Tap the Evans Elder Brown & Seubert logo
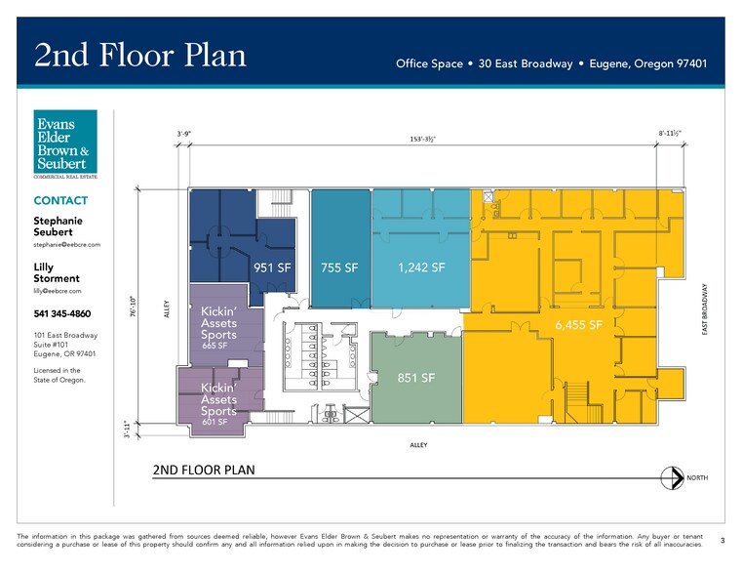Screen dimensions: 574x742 (65, 143)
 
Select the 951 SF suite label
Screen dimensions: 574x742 (273, 267)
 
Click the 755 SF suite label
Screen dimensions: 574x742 (339, 267)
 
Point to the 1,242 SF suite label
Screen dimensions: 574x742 (421, 267)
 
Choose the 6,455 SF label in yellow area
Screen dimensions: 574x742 (579, 324)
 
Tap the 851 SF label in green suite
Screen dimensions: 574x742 (416, 378)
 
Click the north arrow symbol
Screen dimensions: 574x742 (671, 478)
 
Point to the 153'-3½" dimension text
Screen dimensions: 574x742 (422, 140)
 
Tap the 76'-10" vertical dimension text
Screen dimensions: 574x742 (134, 306)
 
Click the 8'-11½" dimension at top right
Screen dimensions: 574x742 (669, 132)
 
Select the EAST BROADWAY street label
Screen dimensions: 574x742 (704, 310)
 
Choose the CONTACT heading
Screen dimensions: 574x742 (60, 201)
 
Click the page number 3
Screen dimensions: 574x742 (722, 540)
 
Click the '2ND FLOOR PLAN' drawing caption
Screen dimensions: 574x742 (204, 470)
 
